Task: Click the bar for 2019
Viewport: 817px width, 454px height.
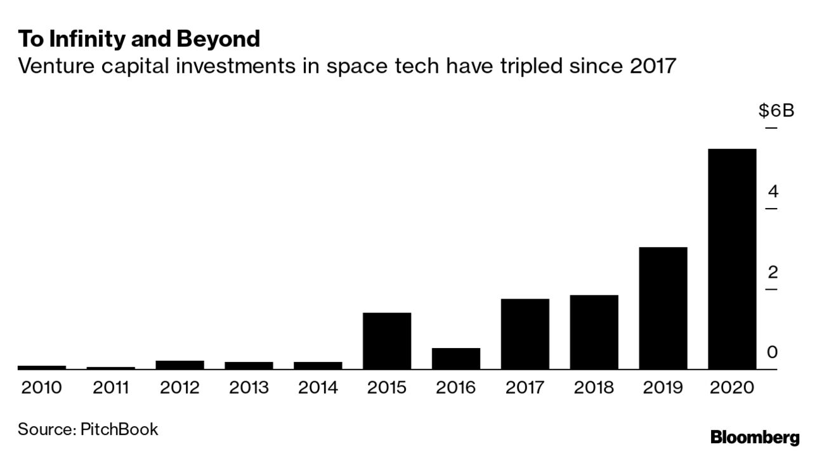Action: click(x=663, y=308)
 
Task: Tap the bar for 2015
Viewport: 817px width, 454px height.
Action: click(x=387, y=340)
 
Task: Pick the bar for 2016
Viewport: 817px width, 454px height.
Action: click(x=456, y=358)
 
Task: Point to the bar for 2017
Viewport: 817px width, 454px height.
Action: click(x=525, y=334)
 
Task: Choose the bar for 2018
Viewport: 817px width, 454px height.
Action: click(x=594, y=332)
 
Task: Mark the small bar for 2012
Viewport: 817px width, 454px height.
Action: click(x=180, y=365)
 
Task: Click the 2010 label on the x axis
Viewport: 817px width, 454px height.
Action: click(x=42, y=387)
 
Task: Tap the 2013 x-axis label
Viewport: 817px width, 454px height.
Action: click(x=249, y=387)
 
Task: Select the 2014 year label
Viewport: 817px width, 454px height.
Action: click(x=318, y=387)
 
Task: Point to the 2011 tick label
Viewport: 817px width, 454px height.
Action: click(x=111, y=387)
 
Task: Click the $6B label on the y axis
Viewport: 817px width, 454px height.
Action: click(x=776, y=112)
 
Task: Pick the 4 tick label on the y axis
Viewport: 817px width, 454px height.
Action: click(x=772, y=191)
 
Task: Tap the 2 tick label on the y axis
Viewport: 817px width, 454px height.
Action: click(x=772, y=272)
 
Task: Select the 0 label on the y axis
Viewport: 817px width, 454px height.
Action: click(x=772, y=353)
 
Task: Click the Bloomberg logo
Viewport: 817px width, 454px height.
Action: click(x=754, y=437)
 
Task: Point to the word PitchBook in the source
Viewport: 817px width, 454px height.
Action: click(x=119, y=429)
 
